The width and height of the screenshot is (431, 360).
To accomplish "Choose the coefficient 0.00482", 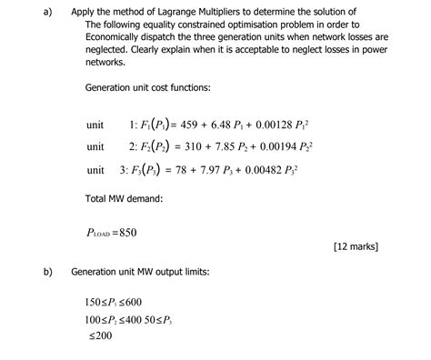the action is click(x=278, y=169).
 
